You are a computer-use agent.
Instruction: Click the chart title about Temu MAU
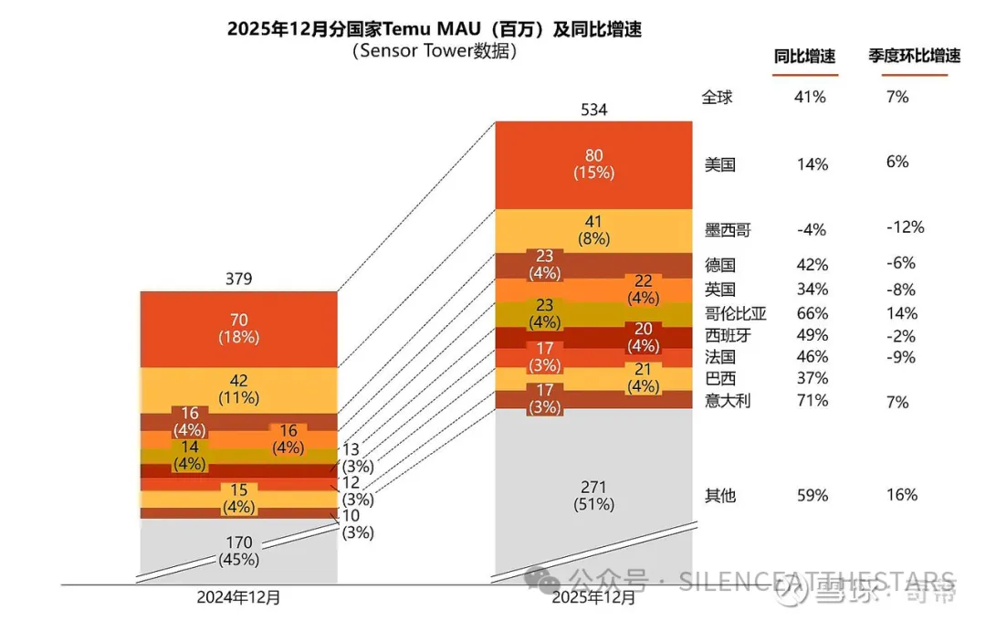click(434, 29)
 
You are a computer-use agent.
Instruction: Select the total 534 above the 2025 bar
click(593, 111)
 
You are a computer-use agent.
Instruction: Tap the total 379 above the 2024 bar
click(238, 279)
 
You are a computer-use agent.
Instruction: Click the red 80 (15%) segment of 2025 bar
click(593, 164)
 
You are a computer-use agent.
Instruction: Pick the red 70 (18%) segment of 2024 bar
click(238, 328)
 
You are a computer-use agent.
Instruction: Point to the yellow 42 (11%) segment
click(238, 390)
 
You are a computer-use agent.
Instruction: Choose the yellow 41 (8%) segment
click(593, 230)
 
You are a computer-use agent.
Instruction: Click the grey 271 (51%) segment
click(593, 495)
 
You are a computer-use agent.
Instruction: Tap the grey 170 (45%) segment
click(238, 551)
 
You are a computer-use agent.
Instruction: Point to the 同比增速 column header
click(804, 57)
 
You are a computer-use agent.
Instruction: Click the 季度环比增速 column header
click(914, 57)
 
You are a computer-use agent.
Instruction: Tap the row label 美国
click(720, 165)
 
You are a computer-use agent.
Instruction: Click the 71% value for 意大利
click(812, 400)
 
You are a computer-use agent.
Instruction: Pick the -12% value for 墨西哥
click(905, 227)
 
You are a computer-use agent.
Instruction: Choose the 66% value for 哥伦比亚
click(812, 313)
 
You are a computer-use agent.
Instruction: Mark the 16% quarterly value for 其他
click(901, 495)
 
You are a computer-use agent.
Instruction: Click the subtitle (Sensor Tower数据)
click(434, 52)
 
